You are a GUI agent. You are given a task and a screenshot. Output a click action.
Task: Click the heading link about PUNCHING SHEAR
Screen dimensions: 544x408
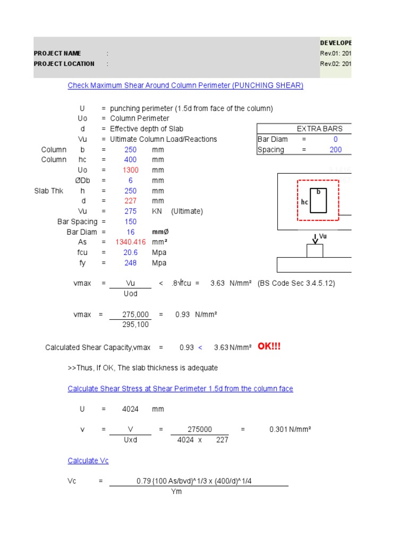pos(185,86)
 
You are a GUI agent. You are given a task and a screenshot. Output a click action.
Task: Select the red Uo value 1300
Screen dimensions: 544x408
pos(130,170)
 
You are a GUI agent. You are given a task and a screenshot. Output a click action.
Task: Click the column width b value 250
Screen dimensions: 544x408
pos(130,150)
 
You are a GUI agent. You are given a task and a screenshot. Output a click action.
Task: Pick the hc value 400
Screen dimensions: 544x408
pos(130,160)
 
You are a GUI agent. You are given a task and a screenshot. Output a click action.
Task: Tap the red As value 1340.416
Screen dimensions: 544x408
pos(130,242)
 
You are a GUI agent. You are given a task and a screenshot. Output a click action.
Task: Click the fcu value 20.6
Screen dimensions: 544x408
pos(130,253)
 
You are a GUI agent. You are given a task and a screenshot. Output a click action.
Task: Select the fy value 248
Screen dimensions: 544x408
pos(130,263)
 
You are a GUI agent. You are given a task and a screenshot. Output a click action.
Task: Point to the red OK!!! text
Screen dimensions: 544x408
pos(269,347)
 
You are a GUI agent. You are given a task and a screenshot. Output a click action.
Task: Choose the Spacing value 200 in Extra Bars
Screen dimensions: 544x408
pos(335,150)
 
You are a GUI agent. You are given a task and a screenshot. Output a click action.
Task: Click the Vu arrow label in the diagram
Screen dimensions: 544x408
pos(322,236)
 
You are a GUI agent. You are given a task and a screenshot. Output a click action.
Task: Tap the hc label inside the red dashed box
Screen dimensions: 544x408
pos(304,202)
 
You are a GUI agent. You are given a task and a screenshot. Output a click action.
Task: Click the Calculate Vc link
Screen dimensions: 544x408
pos(88,461)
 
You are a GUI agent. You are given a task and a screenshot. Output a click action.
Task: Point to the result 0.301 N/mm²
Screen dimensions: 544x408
pos(290,430)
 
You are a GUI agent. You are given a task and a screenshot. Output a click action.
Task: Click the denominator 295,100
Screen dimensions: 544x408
pos(136,325)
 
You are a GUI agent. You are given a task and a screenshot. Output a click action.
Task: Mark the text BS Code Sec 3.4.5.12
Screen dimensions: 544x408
pos(296,284)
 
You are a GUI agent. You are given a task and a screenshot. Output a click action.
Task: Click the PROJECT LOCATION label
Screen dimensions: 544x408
pos(64,64)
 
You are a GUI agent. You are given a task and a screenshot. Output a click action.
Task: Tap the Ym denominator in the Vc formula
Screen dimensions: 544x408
pos(176,491)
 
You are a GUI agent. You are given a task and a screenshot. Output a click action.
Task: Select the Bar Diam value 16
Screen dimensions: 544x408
pos(130,232)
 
